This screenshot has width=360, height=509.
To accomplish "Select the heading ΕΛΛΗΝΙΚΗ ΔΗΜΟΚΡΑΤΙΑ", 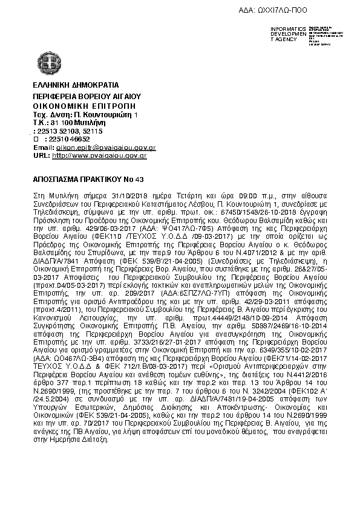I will pos(76,85).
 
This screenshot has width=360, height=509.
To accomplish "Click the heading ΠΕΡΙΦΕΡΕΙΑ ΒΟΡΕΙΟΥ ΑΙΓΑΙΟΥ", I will pos(87,96).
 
